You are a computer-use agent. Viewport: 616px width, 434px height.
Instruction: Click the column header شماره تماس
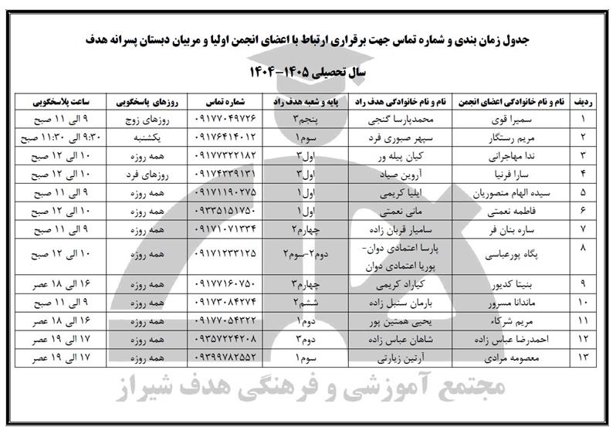click(x=228, y=101)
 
